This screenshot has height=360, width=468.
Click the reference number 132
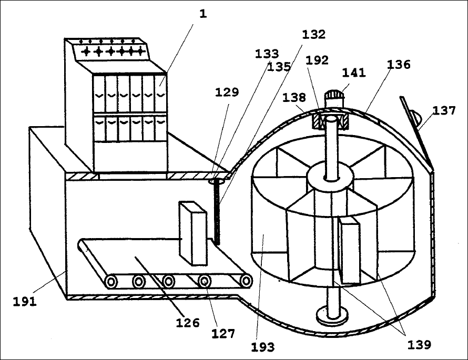tap(314, 35)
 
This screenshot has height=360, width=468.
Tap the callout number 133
tap(267, 54)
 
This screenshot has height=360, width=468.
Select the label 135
tap(279, 67)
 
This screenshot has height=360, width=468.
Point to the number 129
tap(227, 92)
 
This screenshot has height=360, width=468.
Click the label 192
tap(317, 60)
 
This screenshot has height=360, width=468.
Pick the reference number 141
tap(354, 73)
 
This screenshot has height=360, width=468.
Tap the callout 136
tap(399, 64)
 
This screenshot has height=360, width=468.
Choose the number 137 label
tap(444, 111)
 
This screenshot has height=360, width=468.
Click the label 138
tap(294, 97)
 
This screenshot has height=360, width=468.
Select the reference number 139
tap(419, 345)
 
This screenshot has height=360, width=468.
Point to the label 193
tap(262, 347)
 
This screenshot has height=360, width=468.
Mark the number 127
tap(223, 333)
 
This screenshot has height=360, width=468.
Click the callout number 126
tap(187, 323)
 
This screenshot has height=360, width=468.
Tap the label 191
tap(25, 302)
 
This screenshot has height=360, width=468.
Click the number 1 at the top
tap(203, 14)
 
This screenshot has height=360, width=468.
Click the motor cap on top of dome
tap(334, 96)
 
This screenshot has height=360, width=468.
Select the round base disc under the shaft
tap(332, 315)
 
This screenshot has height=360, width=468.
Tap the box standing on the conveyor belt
tap(193, 233)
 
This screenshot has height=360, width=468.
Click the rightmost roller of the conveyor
tap(246, 281)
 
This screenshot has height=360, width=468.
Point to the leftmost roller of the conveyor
tap(111, 282)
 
